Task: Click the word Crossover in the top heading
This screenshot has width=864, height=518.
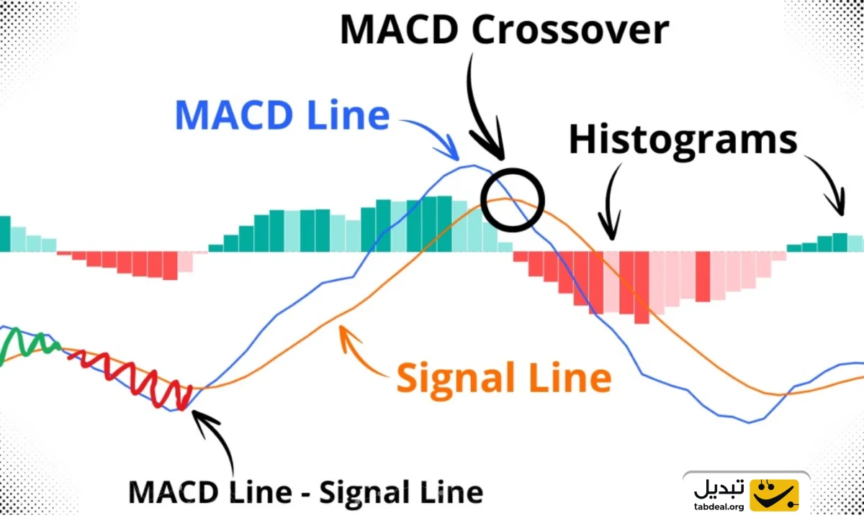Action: (570, 29)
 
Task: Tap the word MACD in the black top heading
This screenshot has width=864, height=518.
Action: (399, 29)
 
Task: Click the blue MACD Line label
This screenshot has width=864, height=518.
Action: (282, 115)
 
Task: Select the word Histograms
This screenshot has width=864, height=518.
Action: (683, 140)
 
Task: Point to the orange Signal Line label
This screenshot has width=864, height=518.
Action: (504, 378)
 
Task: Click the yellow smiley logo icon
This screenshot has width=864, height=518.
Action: (774, 495)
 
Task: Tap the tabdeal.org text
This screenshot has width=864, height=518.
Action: (719, 506)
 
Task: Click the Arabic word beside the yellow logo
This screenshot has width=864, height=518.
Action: (719, 489)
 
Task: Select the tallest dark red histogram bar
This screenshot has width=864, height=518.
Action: (642, 288)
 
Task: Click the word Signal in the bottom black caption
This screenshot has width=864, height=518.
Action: (361, 494)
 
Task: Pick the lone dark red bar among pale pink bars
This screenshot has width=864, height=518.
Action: (703, 276)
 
